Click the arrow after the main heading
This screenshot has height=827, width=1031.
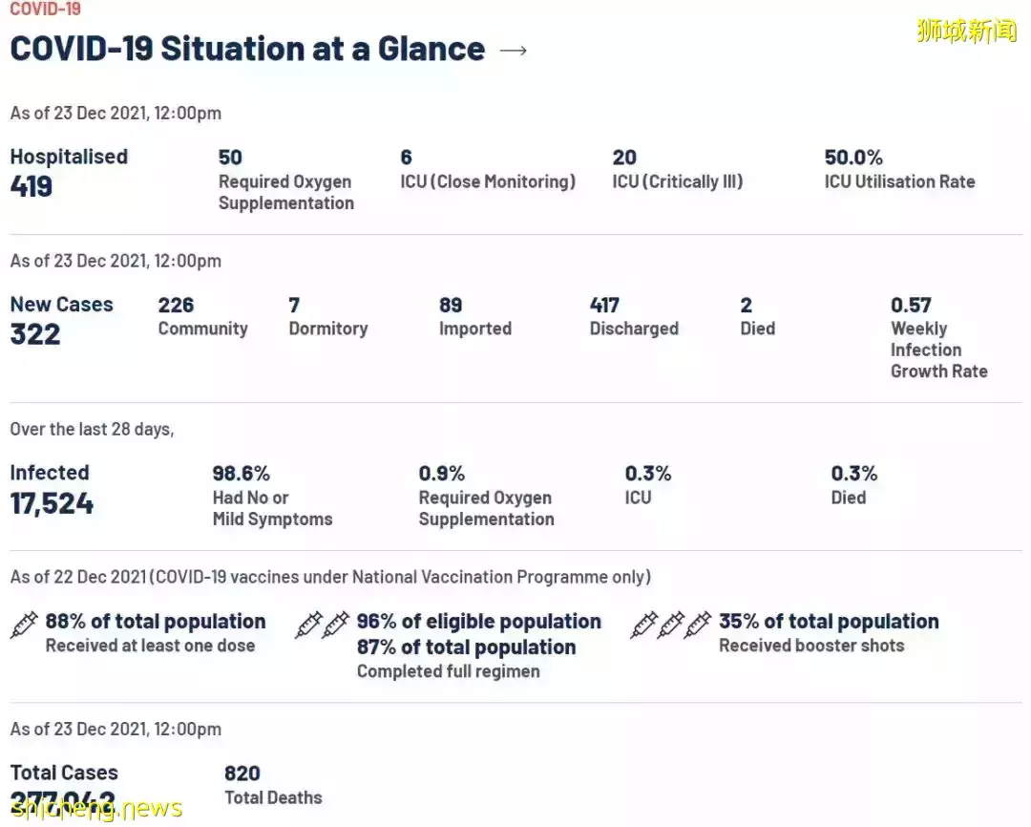(514, 51)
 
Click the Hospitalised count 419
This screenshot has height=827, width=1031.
(32, 186)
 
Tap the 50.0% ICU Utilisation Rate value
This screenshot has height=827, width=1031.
(853, 158)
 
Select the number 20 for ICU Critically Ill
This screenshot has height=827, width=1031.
(624, 158)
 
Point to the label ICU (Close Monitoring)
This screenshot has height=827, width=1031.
(488, 181)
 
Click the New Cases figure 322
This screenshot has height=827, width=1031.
(35, 334)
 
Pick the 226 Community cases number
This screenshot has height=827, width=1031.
(176, 306)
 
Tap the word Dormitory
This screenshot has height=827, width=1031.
(327, 329)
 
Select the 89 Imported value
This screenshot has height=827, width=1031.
(451, 306)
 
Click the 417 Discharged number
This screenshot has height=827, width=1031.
(604, 306)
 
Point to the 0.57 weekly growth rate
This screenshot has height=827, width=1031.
(911, 306)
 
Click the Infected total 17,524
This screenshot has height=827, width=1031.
(52, 503)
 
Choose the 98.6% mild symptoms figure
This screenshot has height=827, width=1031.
(241, 474)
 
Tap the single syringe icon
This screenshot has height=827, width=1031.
(24, 626)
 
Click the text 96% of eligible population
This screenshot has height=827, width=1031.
(478, 622)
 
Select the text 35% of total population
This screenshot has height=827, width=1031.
(829, 622)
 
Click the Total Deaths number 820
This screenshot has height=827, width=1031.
(242, 774)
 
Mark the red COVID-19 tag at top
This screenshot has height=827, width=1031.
(45, 10)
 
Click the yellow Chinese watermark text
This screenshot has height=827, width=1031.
(966, 31)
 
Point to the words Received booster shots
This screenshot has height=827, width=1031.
(810, 646)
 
